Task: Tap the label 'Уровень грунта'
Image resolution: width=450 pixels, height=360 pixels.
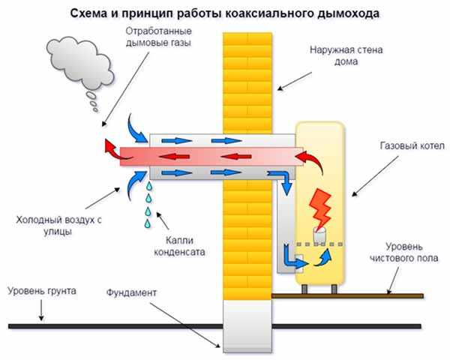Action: (x=40, y=289)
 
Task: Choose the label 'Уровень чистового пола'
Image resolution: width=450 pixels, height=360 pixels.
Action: (x=409, y=252)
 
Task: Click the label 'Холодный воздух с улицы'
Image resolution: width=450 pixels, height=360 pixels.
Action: (x=49, y=226)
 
